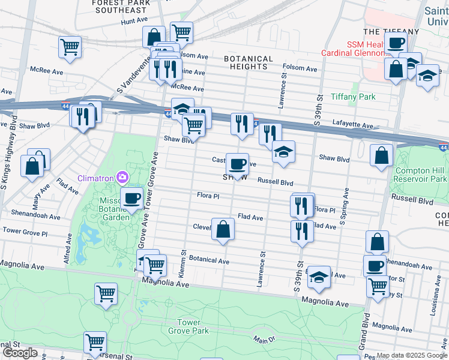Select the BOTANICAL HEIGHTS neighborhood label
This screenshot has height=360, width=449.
(x=248, y=63)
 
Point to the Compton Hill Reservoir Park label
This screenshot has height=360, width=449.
(x=421, y=175)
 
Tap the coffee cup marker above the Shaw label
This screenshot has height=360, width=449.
(x=238, y=164)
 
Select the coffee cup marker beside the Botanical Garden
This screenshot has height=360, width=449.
(x=132, y=199)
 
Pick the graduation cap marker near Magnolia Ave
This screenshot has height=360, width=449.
(x=319, y=277)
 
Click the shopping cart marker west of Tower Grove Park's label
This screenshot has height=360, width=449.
(x=106, y=294)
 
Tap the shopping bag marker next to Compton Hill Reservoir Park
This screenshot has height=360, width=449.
(x=381, y=156)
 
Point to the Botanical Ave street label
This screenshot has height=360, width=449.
(x=209, y=262)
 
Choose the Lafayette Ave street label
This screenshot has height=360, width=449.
(x=353, y=127)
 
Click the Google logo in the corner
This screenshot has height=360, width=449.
(x=20, y=353)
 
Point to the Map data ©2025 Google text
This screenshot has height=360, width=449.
(x=411, y=356)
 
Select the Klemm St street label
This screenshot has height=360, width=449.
(x=185, y=264)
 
